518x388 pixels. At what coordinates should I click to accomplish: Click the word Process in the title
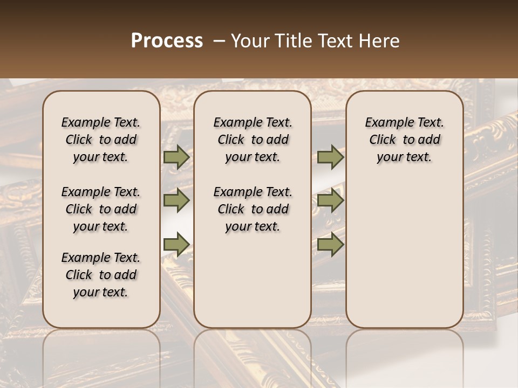tap(167, 41)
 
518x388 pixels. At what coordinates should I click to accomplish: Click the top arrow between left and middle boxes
tap(176, 157)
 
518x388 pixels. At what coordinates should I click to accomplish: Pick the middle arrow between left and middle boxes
tap(176, 200)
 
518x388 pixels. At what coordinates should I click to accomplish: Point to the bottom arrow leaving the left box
tap(176, 245)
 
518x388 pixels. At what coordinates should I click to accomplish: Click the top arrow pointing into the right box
tap(330, 157)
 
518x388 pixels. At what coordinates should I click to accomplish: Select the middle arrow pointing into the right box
tap(330, 200)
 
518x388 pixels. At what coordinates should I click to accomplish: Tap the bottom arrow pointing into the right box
tap(330, 245)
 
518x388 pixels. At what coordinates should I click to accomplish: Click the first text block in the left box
tap(101, 140)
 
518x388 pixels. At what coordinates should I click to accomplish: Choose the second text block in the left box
tap(101, 209)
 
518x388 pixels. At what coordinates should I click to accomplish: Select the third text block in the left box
tap(101, 275)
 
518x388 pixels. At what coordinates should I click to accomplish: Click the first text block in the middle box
tap(253, 140)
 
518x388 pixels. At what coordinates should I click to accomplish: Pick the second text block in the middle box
tap(253, 209)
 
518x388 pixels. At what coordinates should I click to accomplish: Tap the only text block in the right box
tap(404, 140)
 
